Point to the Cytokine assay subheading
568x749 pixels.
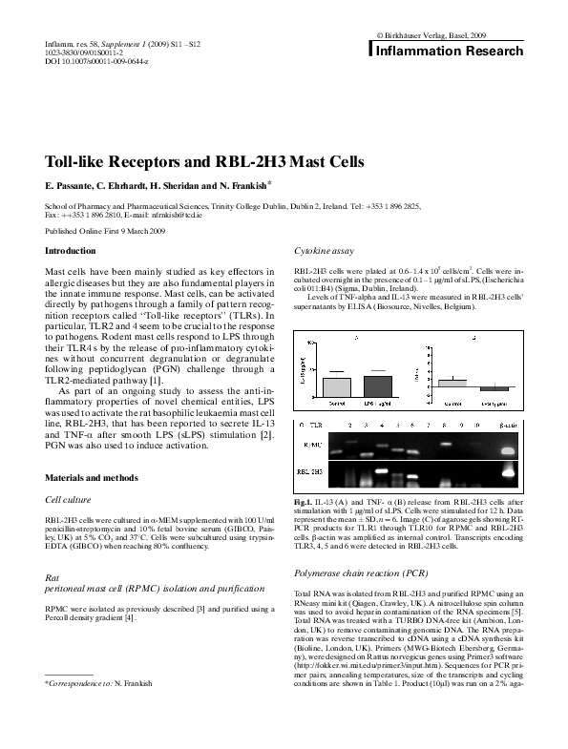click(x=324, y=250)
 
